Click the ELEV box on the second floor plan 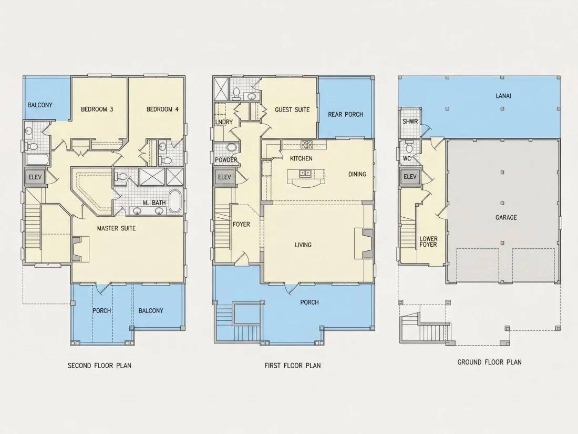35,177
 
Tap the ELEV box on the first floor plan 224,177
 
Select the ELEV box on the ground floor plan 410,177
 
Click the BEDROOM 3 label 97,109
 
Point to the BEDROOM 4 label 162,109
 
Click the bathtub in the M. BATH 176,201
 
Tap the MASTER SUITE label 117,228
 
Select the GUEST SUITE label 292,109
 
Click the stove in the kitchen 307,145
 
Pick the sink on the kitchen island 305,173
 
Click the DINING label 357,174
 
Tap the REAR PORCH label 346,114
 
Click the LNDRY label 224,122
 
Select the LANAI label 503,96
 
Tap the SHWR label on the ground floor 410,122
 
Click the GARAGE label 506,217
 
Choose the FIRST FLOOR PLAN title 293,366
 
